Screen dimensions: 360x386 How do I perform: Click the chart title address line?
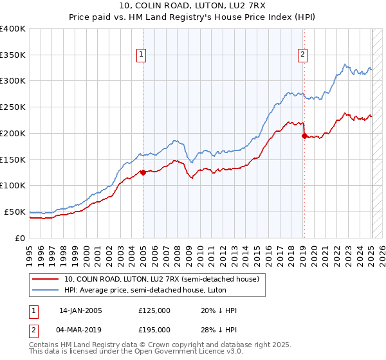[x=192, y=7]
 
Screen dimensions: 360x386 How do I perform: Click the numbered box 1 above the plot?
[x=141, y=55]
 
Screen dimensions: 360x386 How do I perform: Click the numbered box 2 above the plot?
[x=302, y=55]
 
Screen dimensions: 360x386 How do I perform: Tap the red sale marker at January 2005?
[x=143, y=172]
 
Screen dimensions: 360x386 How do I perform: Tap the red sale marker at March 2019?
[x=304, y=135]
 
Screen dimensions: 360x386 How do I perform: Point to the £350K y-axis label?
[x=13, y=55]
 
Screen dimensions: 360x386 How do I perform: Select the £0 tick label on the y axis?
[x=20, y=238]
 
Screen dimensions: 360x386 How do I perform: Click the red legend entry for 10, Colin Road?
[x=161, y=279]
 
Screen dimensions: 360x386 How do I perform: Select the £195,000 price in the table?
[x=154, y=330]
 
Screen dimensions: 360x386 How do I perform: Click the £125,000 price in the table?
[x=154, y=310]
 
